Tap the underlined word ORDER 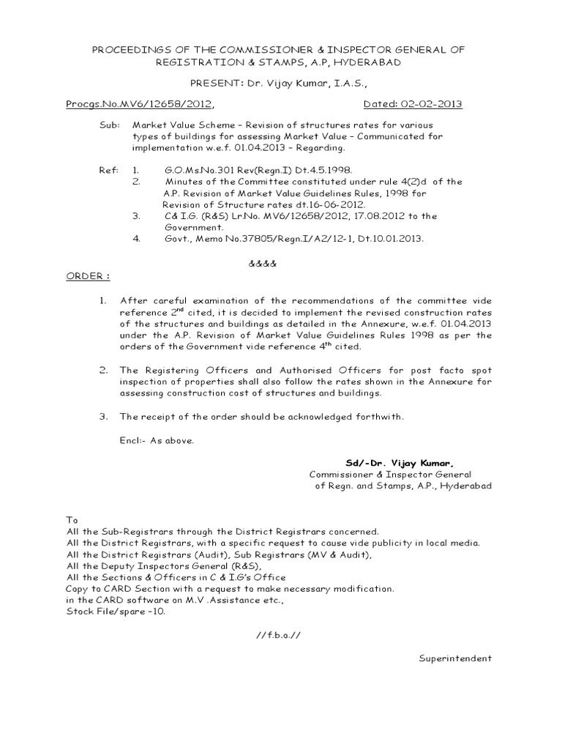pyautogui.click(x=88, y=277)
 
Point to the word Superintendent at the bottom pyautogui.click(x=455, y=658)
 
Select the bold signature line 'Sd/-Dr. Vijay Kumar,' pyautogui.click(x=400, y=462)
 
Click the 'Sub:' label pyautogui.click(x=109, y=125)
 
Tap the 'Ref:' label pyautogui.click(x=108, y=170)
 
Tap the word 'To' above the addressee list pyautogui.click(x=72, y=519)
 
